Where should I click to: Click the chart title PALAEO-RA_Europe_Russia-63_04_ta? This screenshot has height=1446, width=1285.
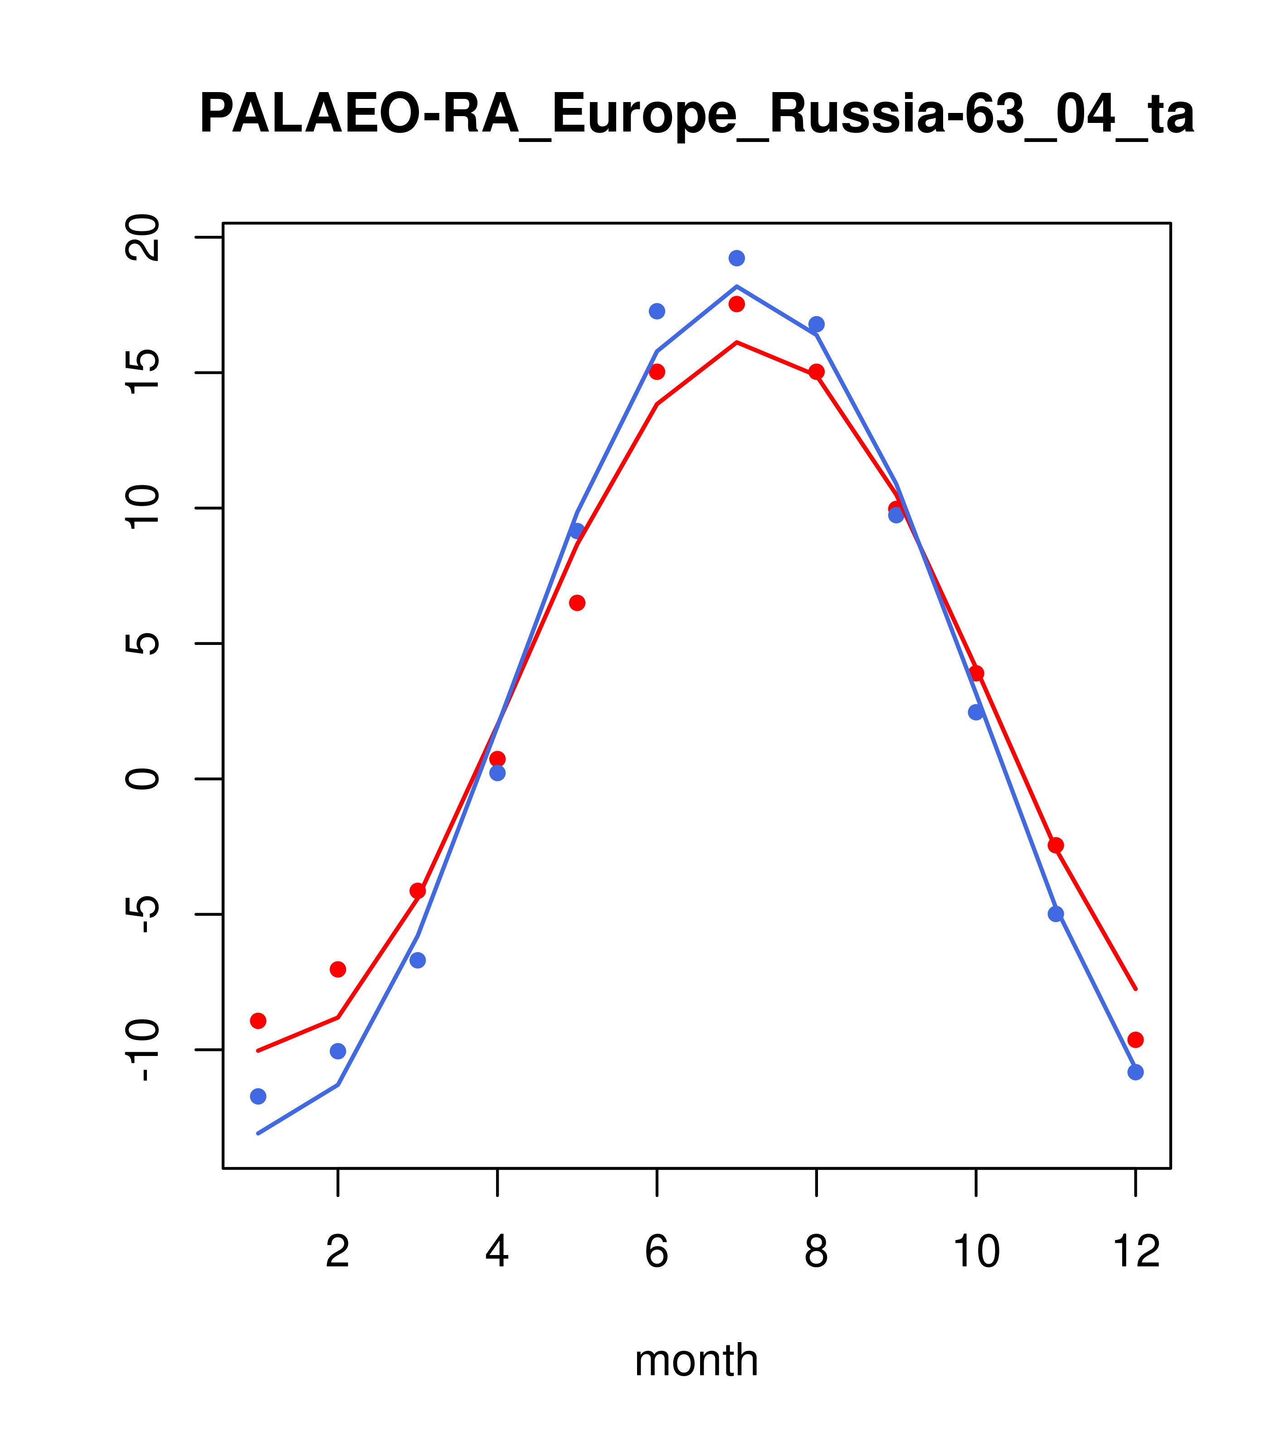point(696,115)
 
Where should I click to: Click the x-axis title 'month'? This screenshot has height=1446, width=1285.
point(696,1360)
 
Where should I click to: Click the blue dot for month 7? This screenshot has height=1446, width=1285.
point(737,258)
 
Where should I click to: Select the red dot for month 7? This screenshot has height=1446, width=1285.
point(737,304)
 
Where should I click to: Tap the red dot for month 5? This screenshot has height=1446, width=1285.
point(577,603)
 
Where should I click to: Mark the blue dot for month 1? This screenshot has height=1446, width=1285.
point(258,1097)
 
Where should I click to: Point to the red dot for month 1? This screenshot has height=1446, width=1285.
point(258,1021)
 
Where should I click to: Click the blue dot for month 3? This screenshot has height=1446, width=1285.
point(418,960)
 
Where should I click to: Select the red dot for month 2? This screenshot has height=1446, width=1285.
point(338,969)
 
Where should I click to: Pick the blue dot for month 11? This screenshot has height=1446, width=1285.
point(1056,914)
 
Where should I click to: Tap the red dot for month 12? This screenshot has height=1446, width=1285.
point(1136,1040)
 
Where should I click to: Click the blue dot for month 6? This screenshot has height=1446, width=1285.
point(657,311)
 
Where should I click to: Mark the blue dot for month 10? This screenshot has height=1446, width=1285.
point(976,713)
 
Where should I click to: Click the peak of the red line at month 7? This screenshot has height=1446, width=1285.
point(737,342)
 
